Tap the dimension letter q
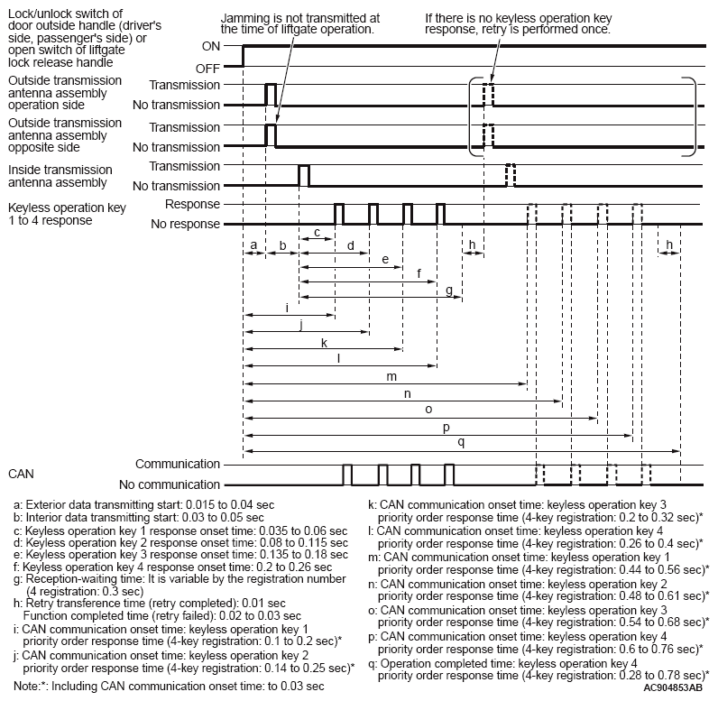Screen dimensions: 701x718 tap(461, 442)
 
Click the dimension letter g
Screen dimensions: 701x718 tap(448, 289)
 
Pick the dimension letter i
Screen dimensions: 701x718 tap(287, 308)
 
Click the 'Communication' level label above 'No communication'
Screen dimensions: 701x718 tap(178, 464)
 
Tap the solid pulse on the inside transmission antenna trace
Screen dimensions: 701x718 tap(303, 175)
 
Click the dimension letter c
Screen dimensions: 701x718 tap(317, 232)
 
